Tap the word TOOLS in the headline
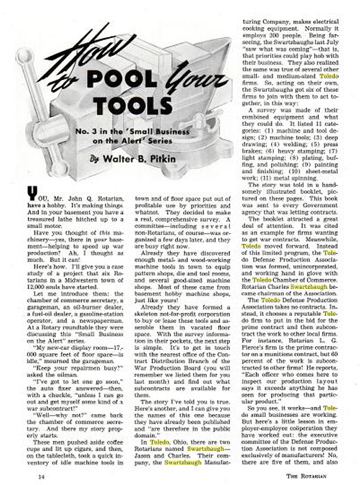tap(134, 105)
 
